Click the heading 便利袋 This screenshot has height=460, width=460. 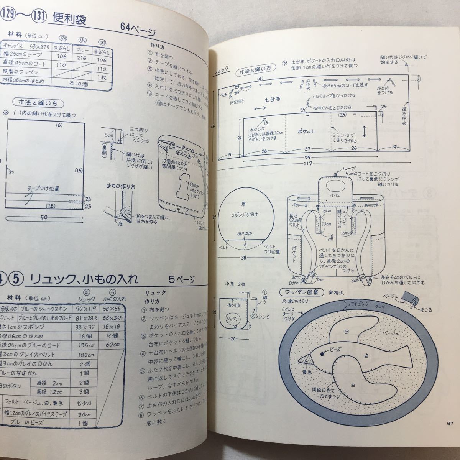72,18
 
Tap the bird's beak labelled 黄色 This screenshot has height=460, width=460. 306,359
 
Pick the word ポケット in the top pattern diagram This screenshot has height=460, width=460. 306,131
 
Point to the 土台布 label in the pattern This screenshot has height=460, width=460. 273,99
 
